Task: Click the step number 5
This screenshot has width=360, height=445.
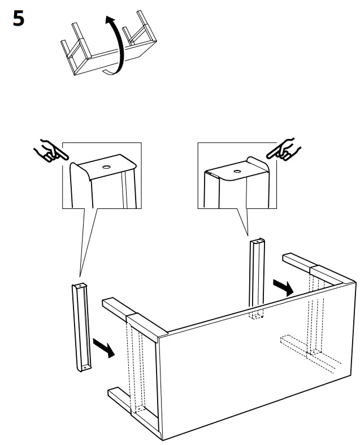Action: [18, 20]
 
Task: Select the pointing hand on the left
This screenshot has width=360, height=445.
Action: [48, 151]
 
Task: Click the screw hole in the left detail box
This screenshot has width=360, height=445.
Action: [106, 168]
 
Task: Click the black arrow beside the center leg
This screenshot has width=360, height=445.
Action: [282, 287]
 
